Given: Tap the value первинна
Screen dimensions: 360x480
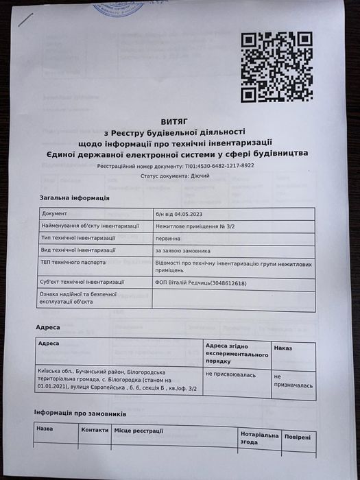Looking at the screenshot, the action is tap(168, 239).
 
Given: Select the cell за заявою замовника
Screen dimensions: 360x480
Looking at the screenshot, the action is tap(182, 251).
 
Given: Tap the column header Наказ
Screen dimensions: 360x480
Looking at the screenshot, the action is tap(283, 348).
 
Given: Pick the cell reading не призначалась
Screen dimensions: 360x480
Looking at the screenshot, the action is tap(287, 381).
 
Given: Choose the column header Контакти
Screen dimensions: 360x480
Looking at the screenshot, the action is tap(95, 429).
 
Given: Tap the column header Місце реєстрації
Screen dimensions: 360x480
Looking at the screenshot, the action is tap(139, 430).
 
